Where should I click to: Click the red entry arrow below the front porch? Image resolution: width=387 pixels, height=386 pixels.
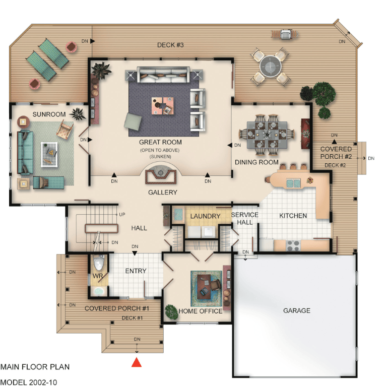pyautogui.click(x=137, y=362)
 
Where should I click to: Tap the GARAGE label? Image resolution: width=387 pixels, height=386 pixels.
pyautogui.click(x=296, y=310)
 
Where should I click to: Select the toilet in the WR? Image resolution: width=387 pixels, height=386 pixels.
pyautogui.click(x=99, y=263)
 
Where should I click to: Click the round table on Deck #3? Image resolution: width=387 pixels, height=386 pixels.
pyautogui.click(x=271, y=67)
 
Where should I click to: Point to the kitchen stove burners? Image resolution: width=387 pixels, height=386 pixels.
pyautogui.click(x=293, y=245)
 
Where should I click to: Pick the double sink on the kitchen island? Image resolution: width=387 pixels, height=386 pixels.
pyautogui.click(x=293, y=183)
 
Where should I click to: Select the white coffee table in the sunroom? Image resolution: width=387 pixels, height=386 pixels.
pyautogui.click(x=49, y=155)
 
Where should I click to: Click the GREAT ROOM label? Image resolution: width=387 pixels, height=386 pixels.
pyautogui.click(x=160, y=142)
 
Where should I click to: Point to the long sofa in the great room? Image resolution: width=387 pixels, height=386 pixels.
pyautogui.click(x=163, y=74)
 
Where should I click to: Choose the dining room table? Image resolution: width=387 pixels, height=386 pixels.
pyautogui.click(x=267, y=135)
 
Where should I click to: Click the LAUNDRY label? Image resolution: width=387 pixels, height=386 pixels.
pyautogui.click(x=205, y=216)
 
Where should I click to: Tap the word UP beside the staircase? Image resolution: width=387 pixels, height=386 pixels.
pyautogui.click(x=122, y=215)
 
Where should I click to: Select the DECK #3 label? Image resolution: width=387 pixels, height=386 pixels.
pyautogui.click(x=170, y=45)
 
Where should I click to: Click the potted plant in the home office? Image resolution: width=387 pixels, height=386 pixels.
pyautogui.click(x=171, y=312)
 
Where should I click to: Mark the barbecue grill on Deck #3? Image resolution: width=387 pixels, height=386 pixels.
pyautogui.click(x=285, y=34)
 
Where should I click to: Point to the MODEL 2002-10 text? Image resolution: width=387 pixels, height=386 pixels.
pyautogui.click(x=29, y=382)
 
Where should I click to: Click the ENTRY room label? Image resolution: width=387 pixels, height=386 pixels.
pyautogui.click(x=136, y=271)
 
